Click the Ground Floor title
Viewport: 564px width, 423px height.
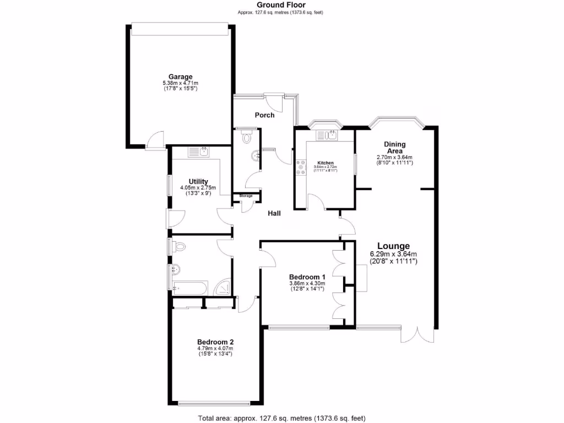[281, 5]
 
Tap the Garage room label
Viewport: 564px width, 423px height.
[181, 77]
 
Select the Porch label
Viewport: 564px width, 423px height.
[264, 115]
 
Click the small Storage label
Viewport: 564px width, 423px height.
[246, 196]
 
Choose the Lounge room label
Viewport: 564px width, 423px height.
[393, 246]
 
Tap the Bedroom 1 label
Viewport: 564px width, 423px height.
[307, 276]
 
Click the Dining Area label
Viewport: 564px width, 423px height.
[394, 147]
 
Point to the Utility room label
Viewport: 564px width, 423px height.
[198, 181]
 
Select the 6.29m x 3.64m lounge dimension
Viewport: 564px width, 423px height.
[393, 254]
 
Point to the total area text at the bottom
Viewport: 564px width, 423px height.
[281, 417]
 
